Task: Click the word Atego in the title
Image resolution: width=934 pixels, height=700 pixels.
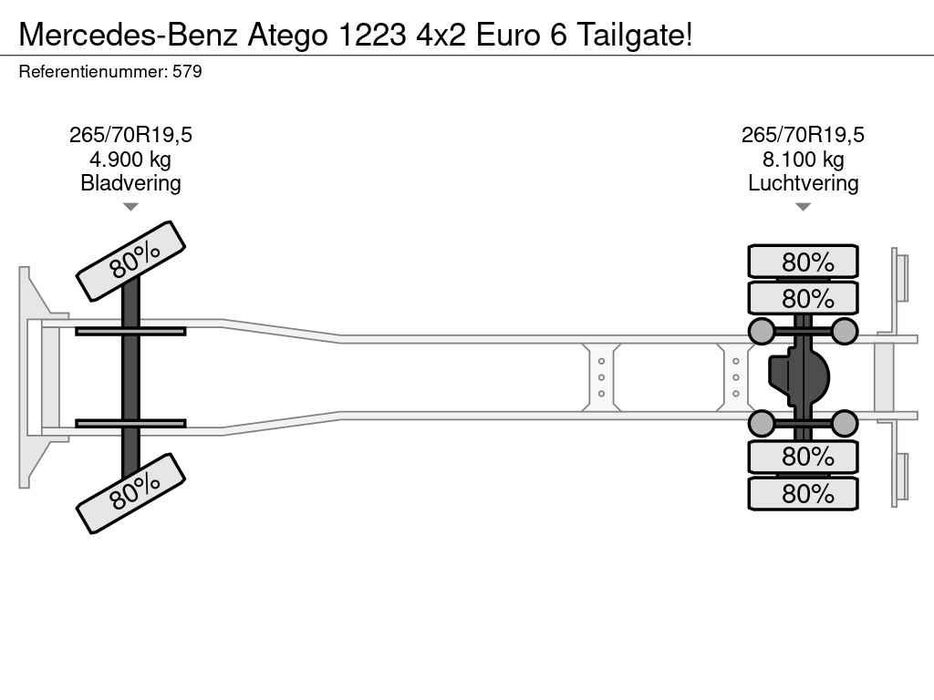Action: point(287,36)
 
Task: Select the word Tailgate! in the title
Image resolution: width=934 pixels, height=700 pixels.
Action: point(636,36)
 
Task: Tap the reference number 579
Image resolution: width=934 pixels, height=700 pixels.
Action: point(187,71)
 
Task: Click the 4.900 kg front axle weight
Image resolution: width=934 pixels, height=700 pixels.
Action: point(130,160)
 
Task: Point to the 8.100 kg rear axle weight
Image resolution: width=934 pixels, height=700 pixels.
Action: point(803,160)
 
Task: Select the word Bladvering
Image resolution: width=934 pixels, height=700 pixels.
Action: point(130,182)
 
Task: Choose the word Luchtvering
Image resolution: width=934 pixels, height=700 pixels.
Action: point(803,182)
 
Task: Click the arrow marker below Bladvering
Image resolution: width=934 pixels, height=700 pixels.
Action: point(130,207)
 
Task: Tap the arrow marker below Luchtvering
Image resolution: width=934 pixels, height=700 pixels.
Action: point(803,207)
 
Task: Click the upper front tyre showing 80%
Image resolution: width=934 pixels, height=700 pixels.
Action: point(130,262)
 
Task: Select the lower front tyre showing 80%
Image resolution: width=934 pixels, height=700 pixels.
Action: point(130,493)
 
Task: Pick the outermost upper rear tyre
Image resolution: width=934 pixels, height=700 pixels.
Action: point(803,262)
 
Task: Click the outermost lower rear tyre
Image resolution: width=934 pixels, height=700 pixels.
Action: point(803,493)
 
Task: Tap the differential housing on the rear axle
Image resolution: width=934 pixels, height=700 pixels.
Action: point(799,377)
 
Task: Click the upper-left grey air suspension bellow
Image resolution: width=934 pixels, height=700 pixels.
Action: point(762,331)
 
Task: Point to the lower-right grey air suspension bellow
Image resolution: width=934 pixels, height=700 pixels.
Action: point(844,423)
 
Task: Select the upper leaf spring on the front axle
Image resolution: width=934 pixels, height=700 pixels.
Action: point(130,331)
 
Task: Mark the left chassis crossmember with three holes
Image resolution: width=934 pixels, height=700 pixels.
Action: point(601,377)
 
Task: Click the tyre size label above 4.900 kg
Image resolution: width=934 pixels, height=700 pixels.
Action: point(130,135)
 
